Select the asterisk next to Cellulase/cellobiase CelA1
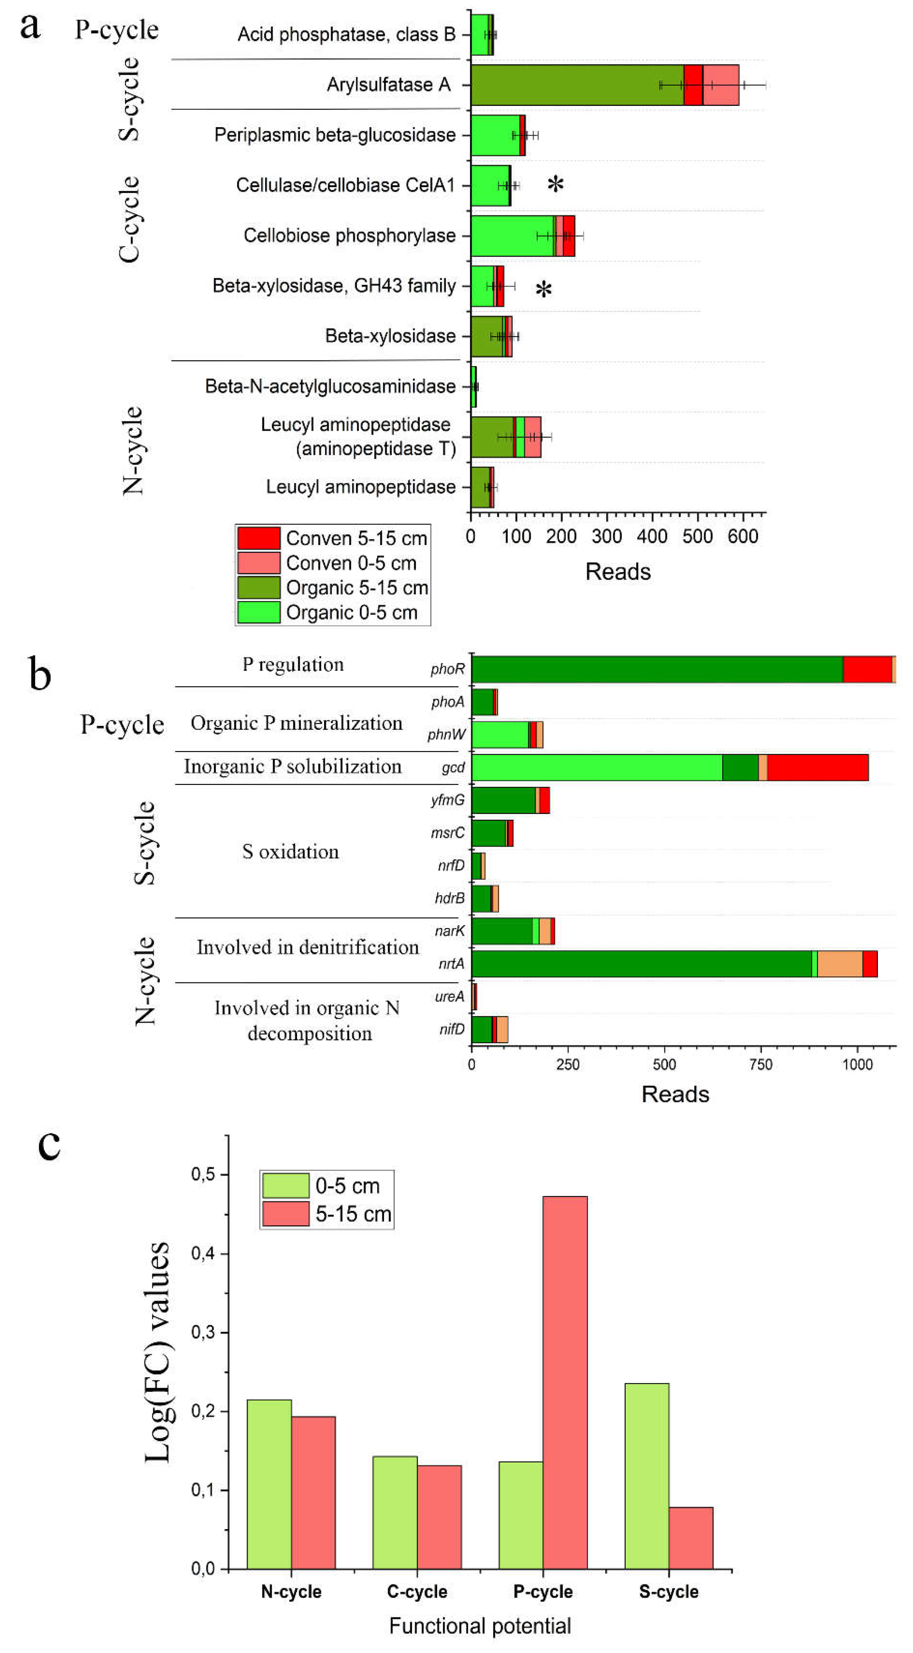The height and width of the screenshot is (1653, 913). [x=556, y=185]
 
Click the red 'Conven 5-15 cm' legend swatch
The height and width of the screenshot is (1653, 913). [x=259, y=538]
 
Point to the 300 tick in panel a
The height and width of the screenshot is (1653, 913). [x=607, y=536]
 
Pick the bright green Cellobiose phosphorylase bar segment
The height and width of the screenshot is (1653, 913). [x=512, y=236]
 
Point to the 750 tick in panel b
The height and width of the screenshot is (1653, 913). [x=761, y=1065]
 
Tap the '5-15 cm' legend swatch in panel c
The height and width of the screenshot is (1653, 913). [x=285, y=1214]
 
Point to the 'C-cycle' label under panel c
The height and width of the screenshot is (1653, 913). [x=417, y=1592]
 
